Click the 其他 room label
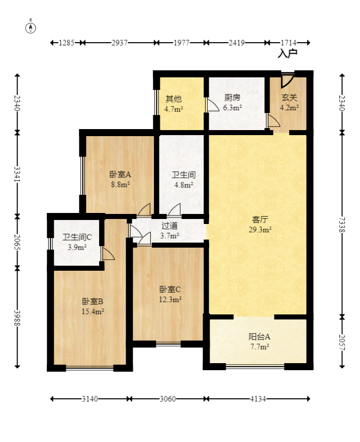174,98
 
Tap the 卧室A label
121,175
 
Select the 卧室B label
93,301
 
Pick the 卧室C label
170,289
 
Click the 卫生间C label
77,238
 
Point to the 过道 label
169,226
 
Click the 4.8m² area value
184,185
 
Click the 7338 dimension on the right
342,225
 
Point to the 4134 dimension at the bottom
257,399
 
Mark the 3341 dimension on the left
18,174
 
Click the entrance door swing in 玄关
287,80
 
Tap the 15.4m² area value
93,311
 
